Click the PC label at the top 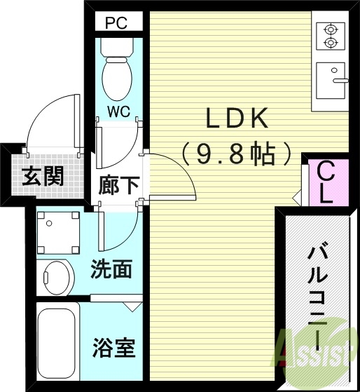pos(116,22)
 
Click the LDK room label pos(237,119)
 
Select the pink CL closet pos(325,182)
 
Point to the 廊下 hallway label pos(118,187)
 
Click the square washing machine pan pos(57,232)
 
